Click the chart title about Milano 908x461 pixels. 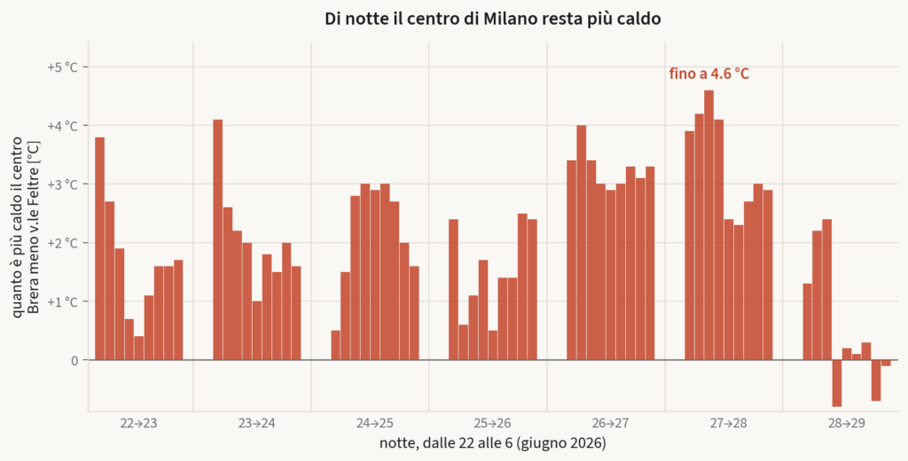tap(492, 19)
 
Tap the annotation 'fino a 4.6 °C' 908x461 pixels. tap(708, 74)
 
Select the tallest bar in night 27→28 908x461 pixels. tap(708, 225)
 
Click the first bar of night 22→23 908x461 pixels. tap(99, 248)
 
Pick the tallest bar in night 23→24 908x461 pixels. tap(218, 239)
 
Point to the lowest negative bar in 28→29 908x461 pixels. tap(837, 383)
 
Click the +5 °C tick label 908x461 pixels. tap(62, 67)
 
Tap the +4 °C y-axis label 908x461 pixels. tap(62, 126)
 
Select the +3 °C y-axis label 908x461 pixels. tap(62, 184)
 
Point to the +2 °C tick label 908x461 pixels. tap(62, 243)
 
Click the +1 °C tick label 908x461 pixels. tap(62, 301)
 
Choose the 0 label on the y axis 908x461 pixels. tap(74, 360)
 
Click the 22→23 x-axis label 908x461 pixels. tap(139, 424)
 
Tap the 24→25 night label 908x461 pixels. tap(375, 424)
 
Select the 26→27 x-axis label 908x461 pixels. tap(610, 424)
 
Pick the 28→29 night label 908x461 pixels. tap(846, 424)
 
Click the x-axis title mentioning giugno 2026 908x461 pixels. tap(493, 443)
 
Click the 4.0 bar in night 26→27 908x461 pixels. tap(582, 243)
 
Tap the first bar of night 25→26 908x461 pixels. tap(453, 290)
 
